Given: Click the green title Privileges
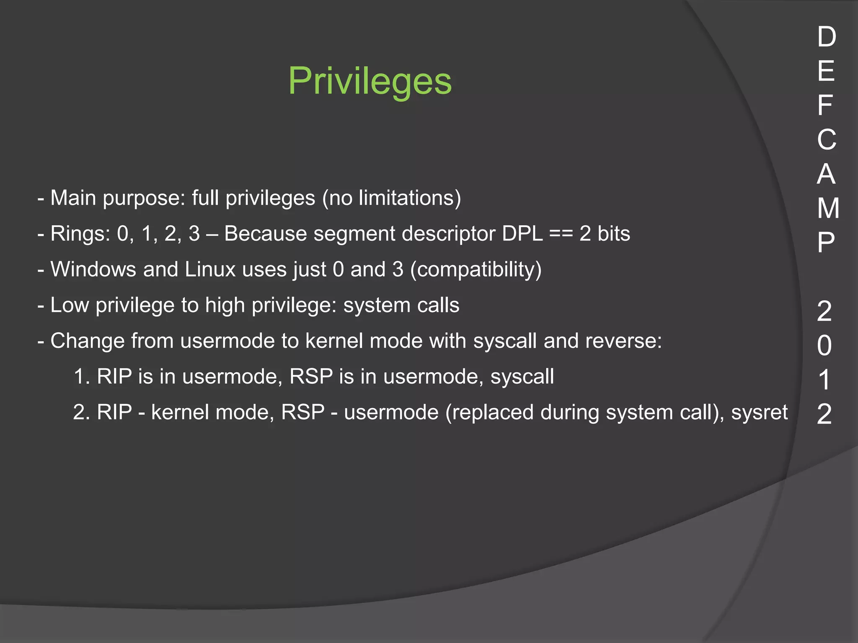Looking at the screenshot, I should click(x=370, y=81).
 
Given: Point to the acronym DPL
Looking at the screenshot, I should click(x=522, y=234).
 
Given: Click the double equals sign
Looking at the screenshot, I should click(x=561, y=234).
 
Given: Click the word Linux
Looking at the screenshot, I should click(x=210, y=269).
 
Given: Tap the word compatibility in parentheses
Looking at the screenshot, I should click(x=476, y=270).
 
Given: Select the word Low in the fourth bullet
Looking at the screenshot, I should click(x=69, y=305).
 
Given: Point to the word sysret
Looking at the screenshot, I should click(x=759, y=412).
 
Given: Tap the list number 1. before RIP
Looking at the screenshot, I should click(x=82, y=376).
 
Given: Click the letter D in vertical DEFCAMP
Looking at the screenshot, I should click(x=826, y=37).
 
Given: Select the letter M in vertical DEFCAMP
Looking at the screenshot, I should click(x=828, y=208).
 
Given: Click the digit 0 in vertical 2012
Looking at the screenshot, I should click(x=824, y=346).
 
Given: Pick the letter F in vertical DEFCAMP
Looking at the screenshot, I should click(x=824, y=105).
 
